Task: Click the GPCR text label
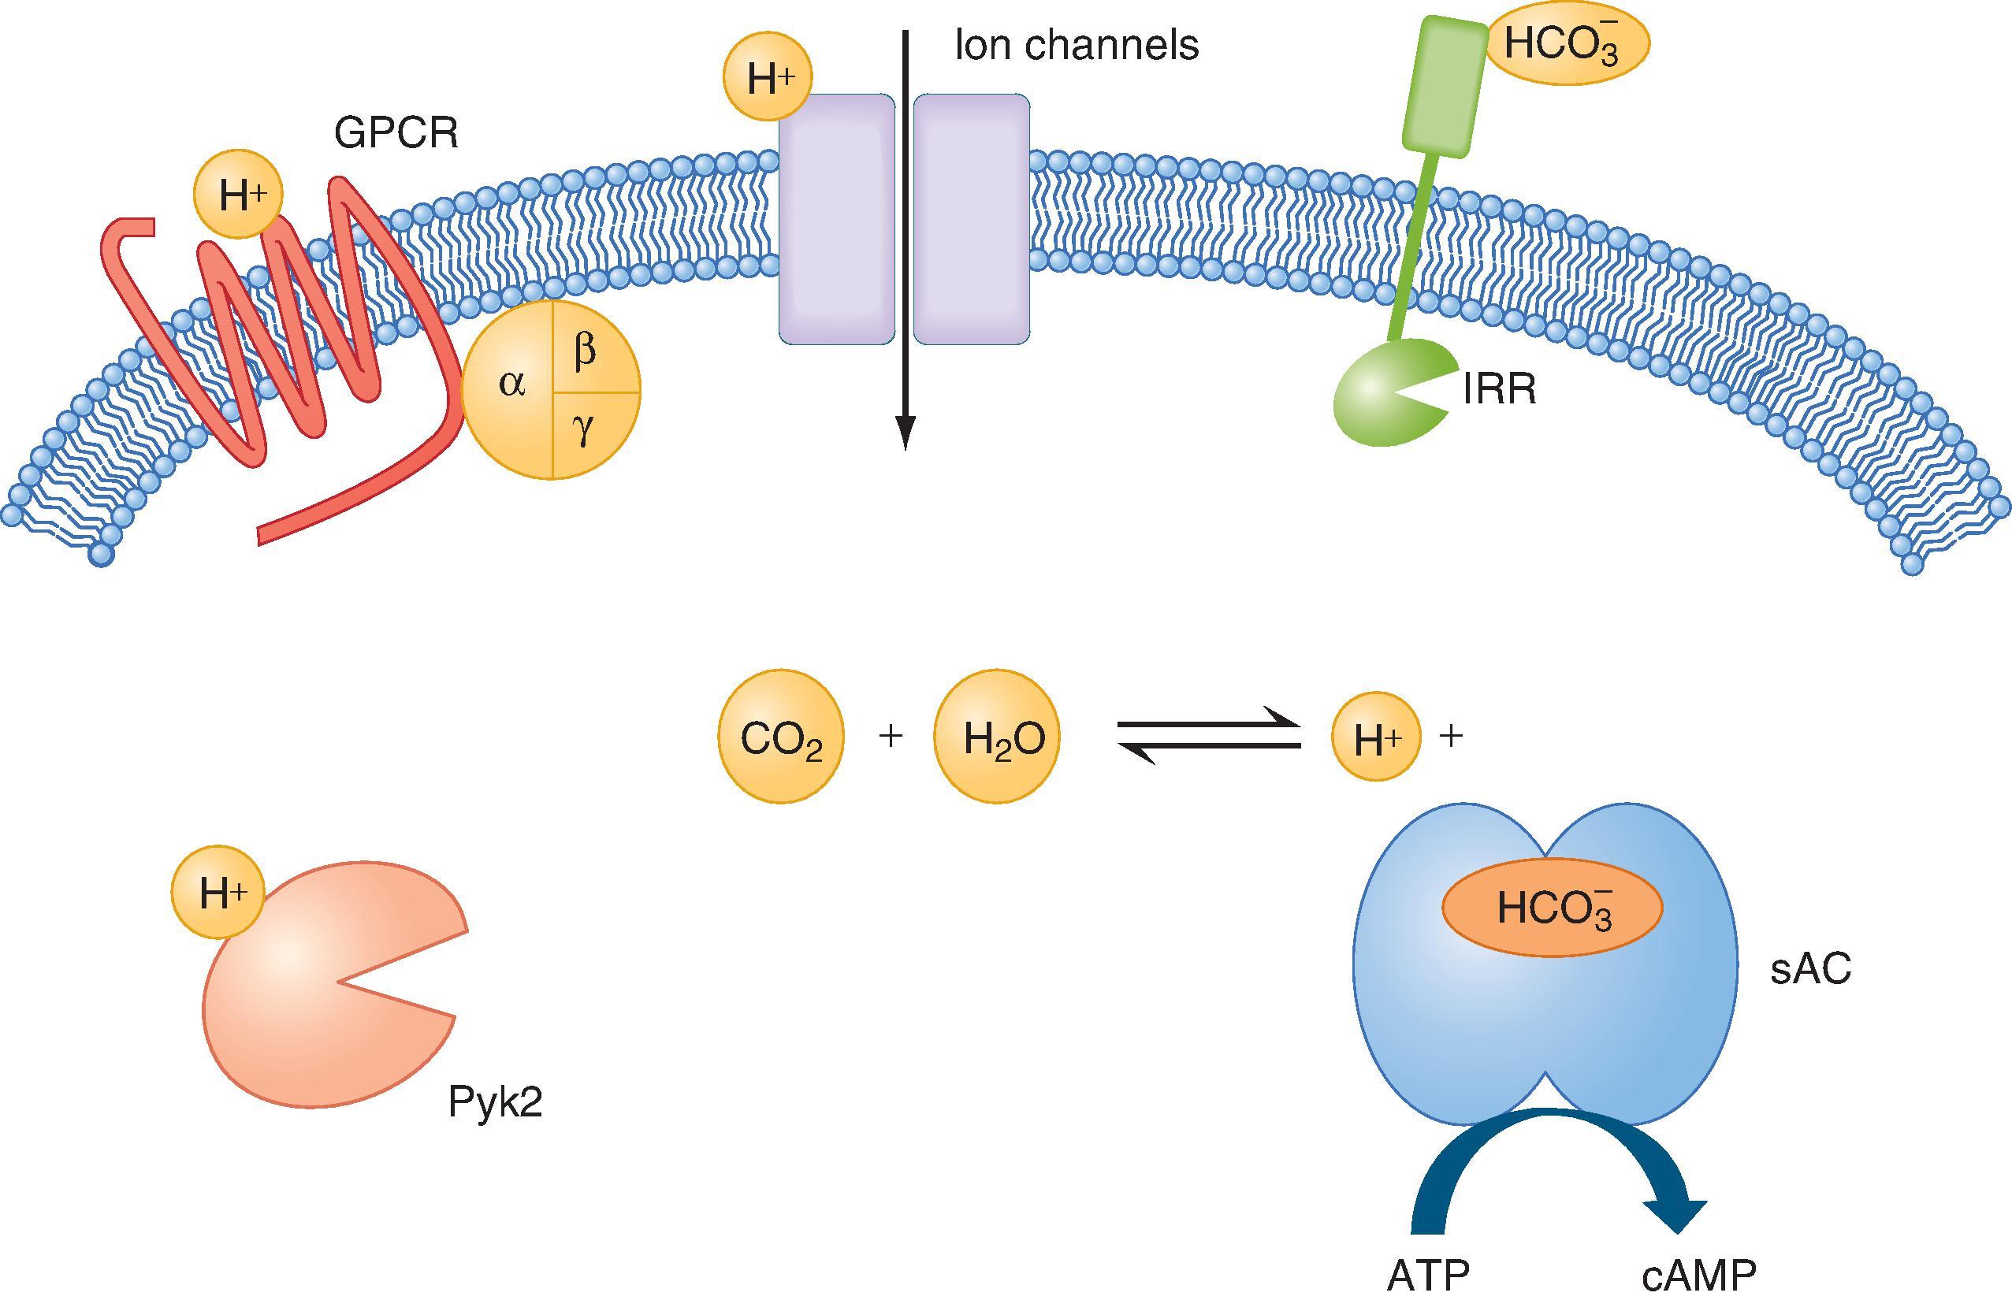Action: (x=395, y=132)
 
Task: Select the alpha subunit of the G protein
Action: (x=511, y=384)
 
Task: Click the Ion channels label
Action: (x=1077, y=46)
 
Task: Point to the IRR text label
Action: (x=1499, y=391)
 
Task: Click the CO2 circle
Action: (x=780, y=736)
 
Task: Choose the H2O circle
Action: (x=997, y=736)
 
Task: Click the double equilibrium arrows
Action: (x=1209, y=736)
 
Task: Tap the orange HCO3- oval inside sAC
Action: (x=1552, y=908)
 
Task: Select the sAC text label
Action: (x=1810, y=969)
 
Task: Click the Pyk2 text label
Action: (x=495, y=1102)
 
